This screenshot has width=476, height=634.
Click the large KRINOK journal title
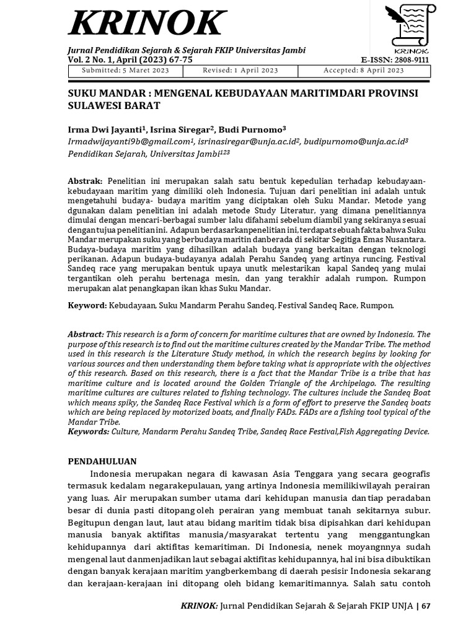coord(146,24)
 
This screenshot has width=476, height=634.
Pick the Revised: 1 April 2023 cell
coord(240,71)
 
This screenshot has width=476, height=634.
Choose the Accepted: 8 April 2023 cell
coord(363,71)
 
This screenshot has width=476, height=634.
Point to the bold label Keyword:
coord(87,305)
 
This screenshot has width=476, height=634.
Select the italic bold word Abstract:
coord(86,334)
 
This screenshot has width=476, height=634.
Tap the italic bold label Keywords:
coord(89,431)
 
